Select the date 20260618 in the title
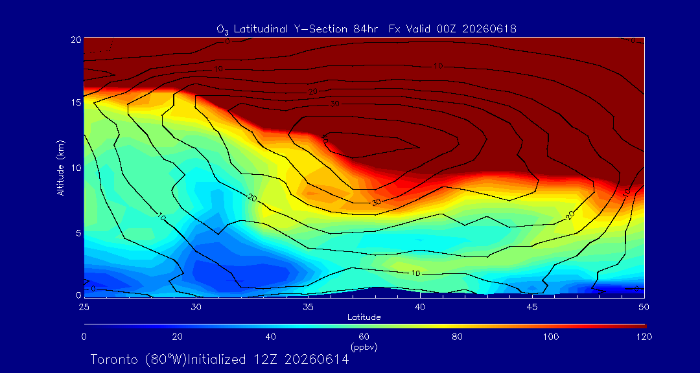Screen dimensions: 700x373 pyautogui.click(x=489, y=29)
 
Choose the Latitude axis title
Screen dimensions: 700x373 pyautogui.click(x=364, y=317)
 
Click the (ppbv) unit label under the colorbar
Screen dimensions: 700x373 pyautogui.click(x=364, y=346)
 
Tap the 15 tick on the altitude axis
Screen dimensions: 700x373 pyautogui.click(x=75, y=102)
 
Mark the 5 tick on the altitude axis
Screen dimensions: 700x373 pyautogui.click(x=78, y=233)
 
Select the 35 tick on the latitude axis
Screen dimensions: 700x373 pyautogui.click(x=308, y=307)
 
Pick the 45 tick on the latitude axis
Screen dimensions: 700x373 pyautogui.click(x=532, y=307)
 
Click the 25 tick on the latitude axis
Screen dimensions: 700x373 pyautogui.click(x=84, y=307)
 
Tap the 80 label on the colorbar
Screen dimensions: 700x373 pyautogui.click(x=457, y=337)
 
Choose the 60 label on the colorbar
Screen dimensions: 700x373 pyautogui.click(x=364, y=337)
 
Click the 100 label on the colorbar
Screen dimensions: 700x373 pyautogui.click(x=551, y=337)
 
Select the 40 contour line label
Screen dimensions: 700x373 pyautogui.click(x=326, y=139)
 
